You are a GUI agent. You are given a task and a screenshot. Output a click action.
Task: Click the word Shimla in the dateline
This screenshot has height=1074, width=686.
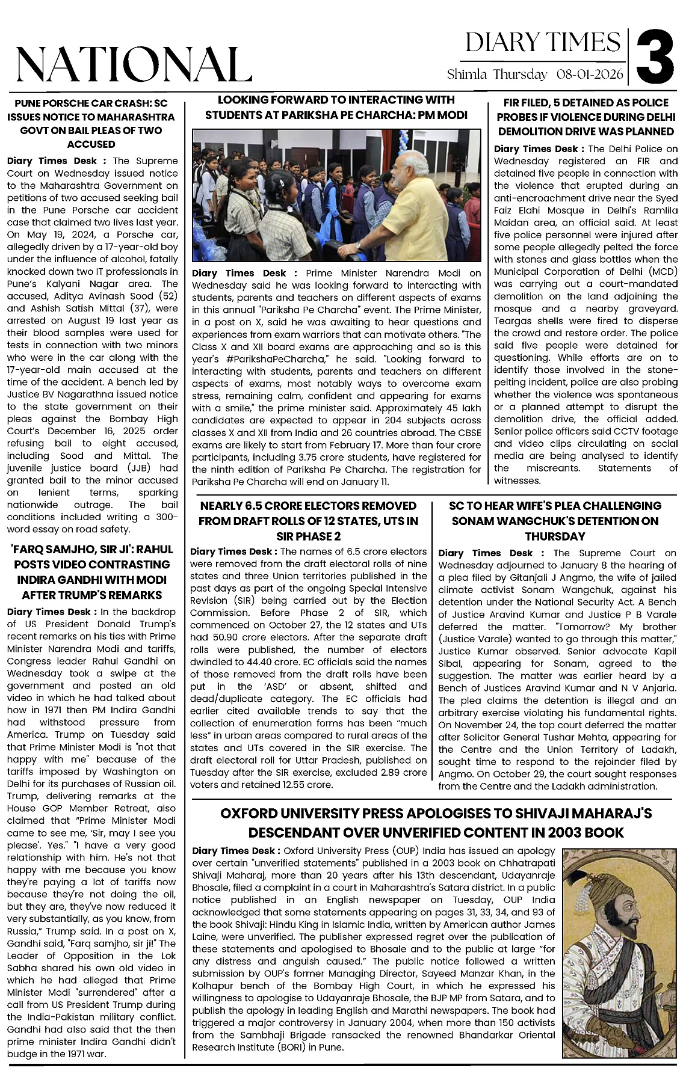468,75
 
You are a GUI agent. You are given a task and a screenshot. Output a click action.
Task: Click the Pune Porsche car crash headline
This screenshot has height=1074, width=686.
91,123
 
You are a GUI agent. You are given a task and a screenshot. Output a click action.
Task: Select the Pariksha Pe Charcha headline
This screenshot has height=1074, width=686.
336,107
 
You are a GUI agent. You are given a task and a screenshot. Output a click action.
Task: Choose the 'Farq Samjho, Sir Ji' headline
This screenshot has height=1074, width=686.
91,572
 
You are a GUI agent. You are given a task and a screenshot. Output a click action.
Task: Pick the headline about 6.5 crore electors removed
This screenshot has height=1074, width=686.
308,521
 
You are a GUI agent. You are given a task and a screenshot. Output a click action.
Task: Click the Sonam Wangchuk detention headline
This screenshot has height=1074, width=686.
555,521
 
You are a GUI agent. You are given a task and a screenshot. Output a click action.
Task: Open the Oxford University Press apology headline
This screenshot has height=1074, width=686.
436,823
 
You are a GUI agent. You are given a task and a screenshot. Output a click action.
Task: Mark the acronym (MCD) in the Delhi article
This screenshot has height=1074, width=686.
661,272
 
